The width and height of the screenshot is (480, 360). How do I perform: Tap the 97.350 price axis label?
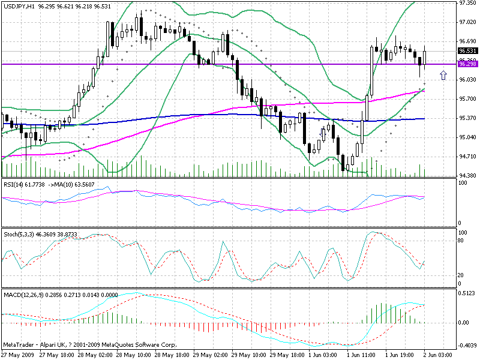pos(467,3)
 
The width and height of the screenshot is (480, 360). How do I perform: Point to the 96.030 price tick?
pos(467,80)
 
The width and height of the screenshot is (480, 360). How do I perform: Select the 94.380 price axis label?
pos(467,176)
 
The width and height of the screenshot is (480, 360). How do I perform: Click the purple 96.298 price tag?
pos(467,64)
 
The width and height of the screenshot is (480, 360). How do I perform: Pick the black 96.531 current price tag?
pos(467,51)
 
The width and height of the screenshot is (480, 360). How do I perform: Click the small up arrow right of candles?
pos(443,75)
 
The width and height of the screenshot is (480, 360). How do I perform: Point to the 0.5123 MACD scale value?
pos(466,293)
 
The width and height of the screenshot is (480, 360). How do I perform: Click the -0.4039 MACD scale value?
pos(466,345)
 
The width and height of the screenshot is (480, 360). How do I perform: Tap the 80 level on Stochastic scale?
pos(460,240)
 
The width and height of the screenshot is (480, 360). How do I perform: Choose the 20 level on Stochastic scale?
pos(460,275)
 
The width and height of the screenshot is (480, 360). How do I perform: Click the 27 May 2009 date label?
pos(17,355)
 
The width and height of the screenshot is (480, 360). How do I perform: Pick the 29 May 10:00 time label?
pos(247,355)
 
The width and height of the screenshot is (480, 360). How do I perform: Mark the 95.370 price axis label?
pos(467,118)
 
